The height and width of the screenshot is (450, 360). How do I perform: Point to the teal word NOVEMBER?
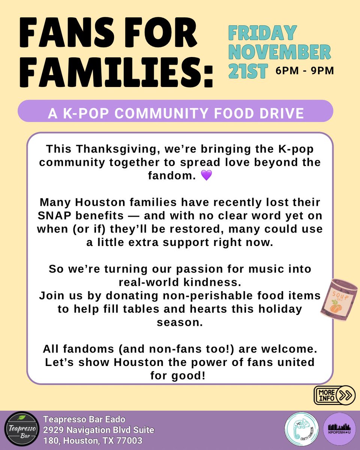click(279, 52)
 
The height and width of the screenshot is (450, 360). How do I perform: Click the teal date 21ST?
click(248, 71)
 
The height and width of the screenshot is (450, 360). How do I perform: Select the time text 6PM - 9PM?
click(304, 70)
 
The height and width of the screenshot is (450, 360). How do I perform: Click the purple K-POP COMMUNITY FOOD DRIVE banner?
click(175, 111)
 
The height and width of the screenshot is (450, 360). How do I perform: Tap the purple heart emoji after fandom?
click(207, 175)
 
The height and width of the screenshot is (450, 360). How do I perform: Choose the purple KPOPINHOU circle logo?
click(339, 429)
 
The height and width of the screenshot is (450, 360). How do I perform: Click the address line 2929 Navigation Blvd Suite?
click(99, 429)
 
